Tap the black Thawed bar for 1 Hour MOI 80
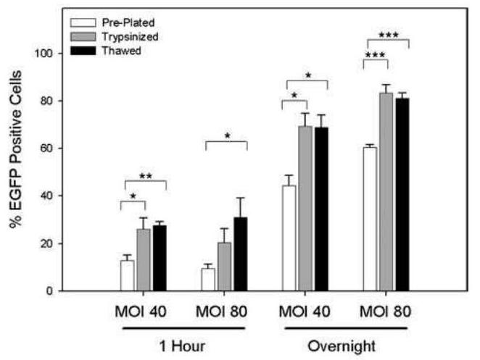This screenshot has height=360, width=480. [x=241, y=254]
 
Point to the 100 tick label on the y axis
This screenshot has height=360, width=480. [x=46, y=53]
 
